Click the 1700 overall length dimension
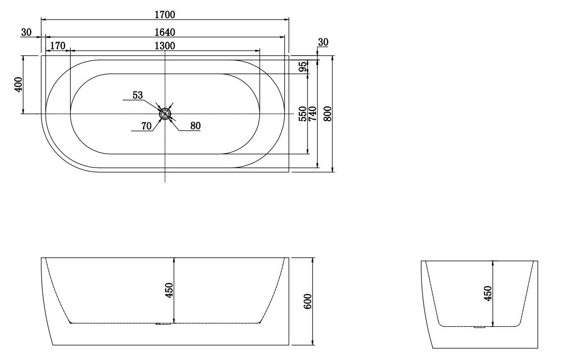[165, 15]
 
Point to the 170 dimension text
[57, 46]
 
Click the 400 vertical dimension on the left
[19, 85]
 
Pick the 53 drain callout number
[138, 95]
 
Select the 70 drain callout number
[146, 126]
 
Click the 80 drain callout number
[195, 126]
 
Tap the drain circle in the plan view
[165, 114]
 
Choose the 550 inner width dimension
[303, 113]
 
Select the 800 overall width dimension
[328, 113]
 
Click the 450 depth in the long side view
[169, 291]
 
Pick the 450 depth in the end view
[488, 294]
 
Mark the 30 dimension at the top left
[26, 32]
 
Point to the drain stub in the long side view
[162, 324]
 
